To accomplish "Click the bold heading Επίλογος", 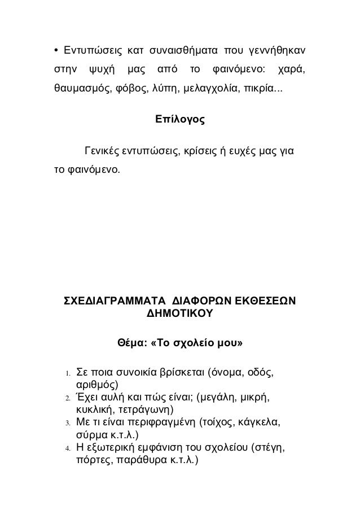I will [x=179, y=120].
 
